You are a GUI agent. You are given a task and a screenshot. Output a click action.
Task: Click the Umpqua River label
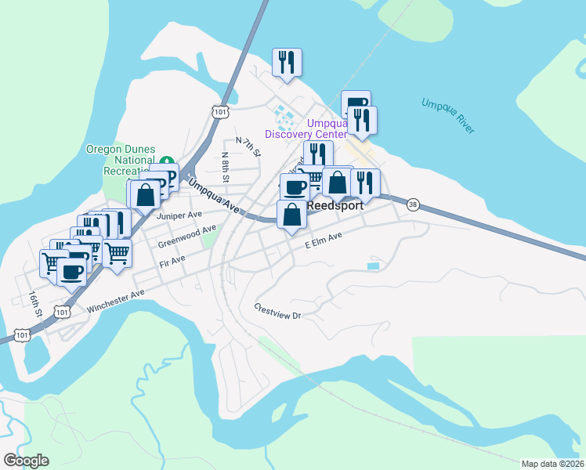tap(447, 116)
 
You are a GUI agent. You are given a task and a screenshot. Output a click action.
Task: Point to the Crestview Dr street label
tap(277, 310)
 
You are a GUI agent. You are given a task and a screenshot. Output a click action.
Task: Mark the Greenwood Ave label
tap(187, 234)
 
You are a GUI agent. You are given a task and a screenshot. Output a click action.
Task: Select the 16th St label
tap(34, 305)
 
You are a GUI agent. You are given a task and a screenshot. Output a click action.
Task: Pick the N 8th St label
tap(226, 167)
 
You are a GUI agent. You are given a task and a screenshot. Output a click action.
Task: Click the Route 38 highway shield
tap(412, 204)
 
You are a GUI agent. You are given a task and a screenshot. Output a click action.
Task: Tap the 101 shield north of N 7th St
tap(220, 111)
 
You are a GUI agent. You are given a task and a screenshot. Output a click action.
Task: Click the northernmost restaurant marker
tap(287, 63)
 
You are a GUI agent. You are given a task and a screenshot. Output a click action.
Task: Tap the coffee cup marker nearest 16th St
tap(72, 272)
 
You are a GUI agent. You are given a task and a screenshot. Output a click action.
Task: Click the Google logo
tap(26, 461)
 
